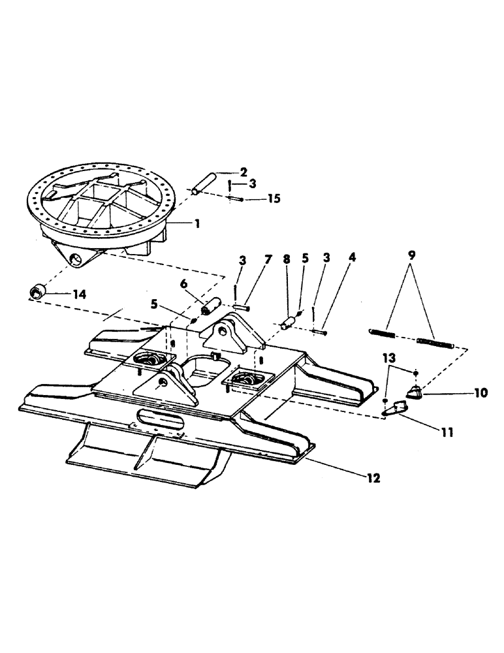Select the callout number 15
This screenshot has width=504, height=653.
[274, 198]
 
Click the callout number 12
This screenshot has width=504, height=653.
[373, 478]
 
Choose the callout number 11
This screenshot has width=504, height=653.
[448, 432]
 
